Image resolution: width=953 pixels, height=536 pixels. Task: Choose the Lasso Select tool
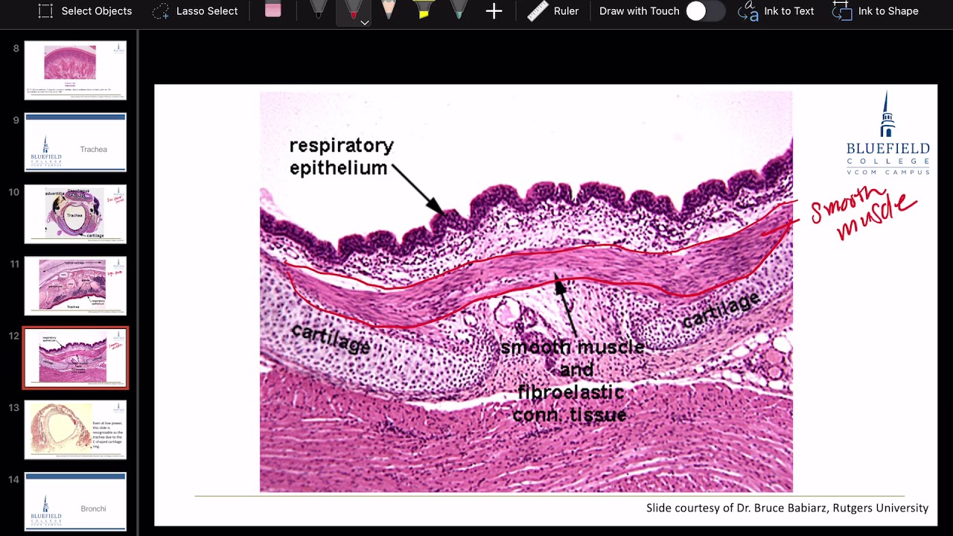(195, 11)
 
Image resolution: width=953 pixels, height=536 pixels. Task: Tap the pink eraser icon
(273, 10)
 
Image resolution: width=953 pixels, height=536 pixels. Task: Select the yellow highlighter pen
(424, 10)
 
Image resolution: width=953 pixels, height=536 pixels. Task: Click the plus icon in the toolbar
(494, 11)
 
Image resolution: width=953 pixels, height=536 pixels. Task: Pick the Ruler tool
(552, 11)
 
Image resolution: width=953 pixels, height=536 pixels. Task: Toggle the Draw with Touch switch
(704, 11)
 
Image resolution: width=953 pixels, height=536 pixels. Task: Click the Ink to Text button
(776, 11)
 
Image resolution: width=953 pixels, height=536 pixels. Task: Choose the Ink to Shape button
(876, 11)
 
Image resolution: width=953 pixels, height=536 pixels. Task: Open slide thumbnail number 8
(75, 70)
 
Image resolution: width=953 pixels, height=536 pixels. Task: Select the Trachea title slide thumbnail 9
(75, 142)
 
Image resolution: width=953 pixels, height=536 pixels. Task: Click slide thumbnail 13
(75, 430)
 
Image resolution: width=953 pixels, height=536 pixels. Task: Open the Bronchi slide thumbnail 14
(75, 501)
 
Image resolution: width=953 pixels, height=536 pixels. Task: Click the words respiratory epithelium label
(341, 156)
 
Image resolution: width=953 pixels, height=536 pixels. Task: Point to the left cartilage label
(330, 339)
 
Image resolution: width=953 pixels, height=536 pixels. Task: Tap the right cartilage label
(721, 309)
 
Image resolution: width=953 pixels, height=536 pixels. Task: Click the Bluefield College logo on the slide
(887, 134)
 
